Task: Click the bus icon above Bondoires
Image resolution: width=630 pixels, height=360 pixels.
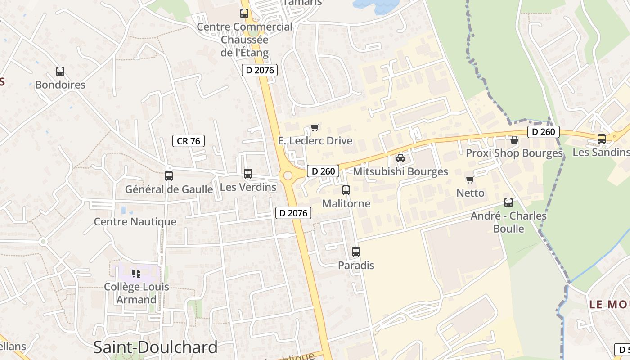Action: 60,71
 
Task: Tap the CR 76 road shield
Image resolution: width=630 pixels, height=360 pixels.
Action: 189,141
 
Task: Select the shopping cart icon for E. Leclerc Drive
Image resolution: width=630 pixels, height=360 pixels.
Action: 315,127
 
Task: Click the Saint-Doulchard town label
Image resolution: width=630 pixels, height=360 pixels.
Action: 155,347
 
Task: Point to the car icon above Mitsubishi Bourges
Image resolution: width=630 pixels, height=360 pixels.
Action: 400,158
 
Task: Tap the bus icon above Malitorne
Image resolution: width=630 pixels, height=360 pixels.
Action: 346,190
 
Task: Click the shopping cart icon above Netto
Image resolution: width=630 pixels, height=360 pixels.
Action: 470,180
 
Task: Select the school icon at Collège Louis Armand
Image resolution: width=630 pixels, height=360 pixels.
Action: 136,273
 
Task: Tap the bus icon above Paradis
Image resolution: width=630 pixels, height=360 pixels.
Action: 355,252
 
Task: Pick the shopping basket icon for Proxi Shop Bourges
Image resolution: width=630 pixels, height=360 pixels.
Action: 514,140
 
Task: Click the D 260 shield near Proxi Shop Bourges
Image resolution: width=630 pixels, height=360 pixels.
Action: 543,132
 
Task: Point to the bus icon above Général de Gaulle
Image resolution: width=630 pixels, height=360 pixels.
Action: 168,175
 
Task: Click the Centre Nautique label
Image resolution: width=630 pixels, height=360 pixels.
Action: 135,222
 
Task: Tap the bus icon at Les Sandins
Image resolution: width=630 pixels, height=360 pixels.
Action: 601,139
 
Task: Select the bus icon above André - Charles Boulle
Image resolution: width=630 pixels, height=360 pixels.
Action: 508,202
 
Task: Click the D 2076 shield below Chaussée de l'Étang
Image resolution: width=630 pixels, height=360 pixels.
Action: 260,70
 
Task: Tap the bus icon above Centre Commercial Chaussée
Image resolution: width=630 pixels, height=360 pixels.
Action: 244,13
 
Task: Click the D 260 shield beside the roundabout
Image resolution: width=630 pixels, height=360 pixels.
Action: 323,171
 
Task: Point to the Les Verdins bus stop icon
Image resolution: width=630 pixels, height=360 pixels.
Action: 247,173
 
